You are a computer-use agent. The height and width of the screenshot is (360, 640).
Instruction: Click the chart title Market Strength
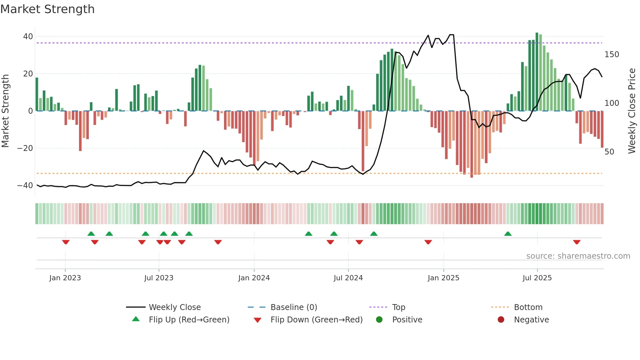(47, 9)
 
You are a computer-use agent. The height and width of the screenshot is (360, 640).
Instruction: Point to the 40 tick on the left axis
(28, 37)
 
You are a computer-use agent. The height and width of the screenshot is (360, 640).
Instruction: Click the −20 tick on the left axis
(25, 148)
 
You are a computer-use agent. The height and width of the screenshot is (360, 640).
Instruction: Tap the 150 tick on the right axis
(612, 55)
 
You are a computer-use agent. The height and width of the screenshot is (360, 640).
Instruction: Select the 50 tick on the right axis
(609, 152)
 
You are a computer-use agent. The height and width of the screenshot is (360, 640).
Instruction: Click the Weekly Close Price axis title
(632, 111)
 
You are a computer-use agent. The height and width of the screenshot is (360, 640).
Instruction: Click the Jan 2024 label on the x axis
(254, 278)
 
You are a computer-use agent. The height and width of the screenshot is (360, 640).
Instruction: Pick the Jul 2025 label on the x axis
(537, 278)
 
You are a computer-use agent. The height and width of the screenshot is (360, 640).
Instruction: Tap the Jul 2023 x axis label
(159, 278)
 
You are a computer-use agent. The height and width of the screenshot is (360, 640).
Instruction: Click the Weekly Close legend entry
(174, 307)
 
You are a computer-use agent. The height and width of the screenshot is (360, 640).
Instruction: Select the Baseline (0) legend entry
(294, 307)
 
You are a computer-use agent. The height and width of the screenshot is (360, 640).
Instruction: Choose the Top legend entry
(398, 307)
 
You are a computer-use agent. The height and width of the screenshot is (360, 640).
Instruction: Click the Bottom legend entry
(528, 307)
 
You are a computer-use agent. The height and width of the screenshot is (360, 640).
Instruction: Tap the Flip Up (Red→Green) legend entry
(189, 320)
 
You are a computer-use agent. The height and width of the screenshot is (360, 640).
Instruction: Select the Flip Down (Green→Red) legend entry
(316, 320)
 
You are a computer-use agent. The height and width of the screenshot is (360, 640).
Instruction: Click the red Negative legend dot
(501, 320)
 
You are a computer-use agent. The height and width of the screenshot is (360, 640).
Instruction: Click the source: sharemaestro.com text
(578, 256)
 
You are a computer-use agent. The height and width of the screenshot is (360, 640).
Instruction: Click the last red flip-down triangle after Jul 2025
(577, 242)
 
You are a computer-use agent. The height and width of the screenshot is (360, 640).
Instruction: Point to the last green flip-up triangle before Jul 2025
(508, 234)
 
